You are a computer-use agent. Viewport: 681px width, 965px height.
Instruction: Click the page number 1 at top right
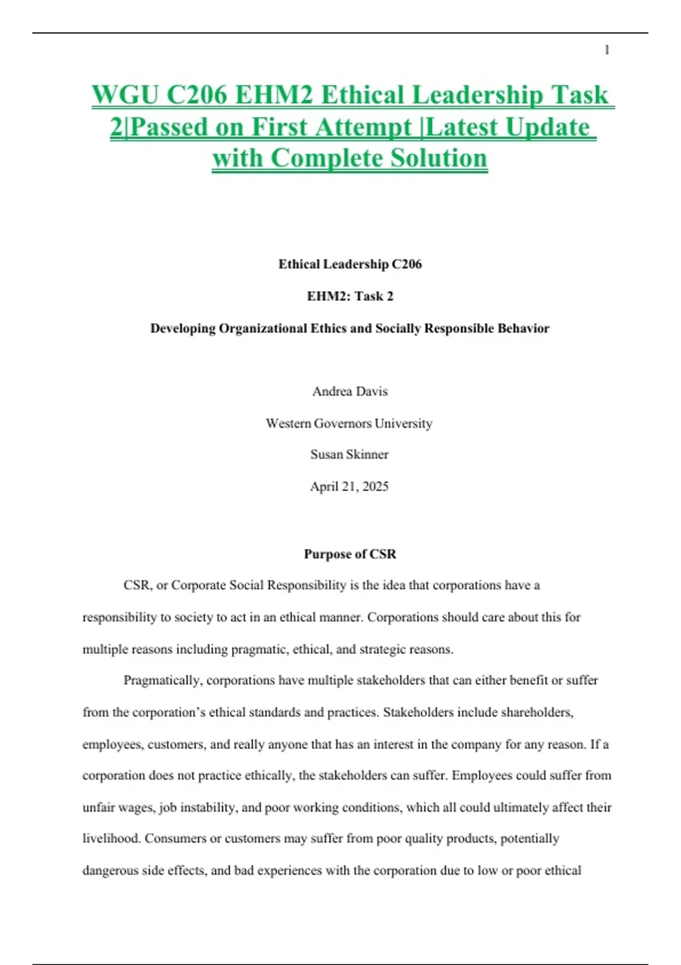coord(607,51)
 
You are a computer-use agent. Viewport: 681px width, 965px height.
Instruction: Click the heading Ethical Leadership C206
coord(350,264)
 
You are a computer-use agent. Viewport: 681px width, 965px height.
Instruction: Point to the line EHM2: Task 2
coord(350,296)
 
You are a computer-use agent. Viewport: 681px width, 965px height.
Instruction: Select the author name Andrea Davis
coord(350,391)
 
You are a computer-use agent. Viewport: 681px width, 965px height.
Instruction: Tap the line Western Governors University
coord(349,423)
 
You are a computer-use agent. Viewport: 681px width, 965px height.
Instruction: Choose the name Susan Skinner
coord(349,454)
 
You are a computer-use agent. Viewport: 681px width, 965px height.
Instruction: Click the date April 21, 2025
coord(349,486)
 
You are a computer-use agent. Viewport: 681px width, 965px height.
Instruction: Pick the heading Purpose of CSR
coord(350,554)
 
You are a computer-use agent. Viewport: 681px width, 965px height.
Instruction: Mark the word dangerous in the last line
coord(110,870)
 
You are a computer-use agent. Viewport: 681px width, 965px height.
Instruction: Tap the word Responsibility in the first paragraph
coord(306,585)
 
